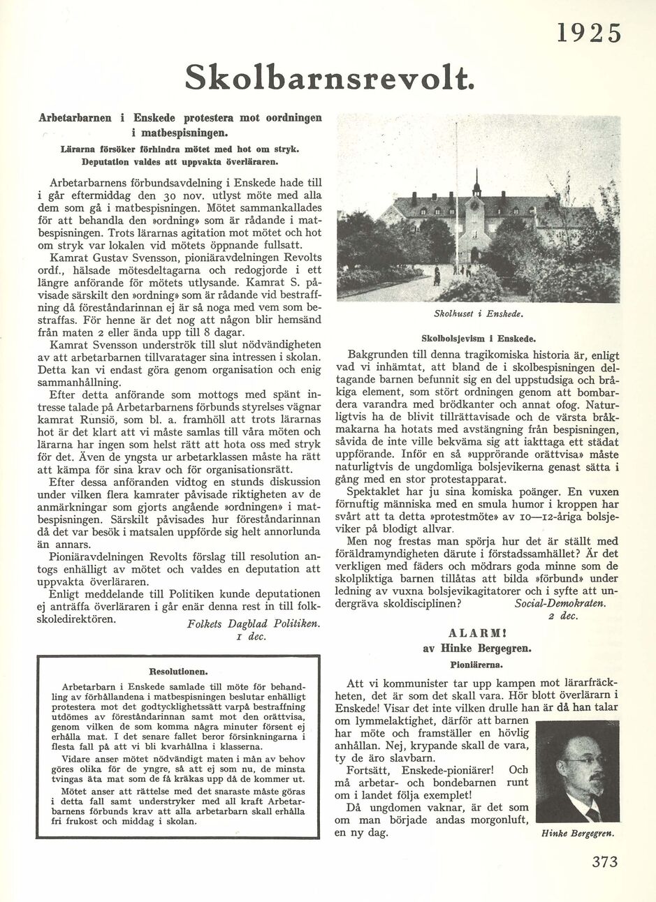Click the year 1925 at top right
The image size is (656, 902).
click(x=589, y=33)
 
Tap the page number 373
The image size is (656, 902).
click(x=604, y=862)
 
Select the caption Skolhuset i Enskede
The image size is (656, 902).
click(x=479, y=314)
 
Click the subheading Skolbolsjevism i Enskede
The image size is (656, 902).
click(x=479, y=339)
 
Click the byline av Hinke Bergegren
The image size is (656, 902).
click(x=477, y=649)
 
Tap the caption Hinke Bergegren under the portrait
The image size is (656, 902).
click(x=578, y=834)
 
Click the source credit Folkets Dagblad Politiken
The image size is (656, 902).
click(x=254, y=623)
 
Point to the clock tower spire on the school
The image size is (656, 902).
click(x=476, y=182)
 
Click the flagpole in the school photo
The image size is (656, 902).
click(x=457, y=195)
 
